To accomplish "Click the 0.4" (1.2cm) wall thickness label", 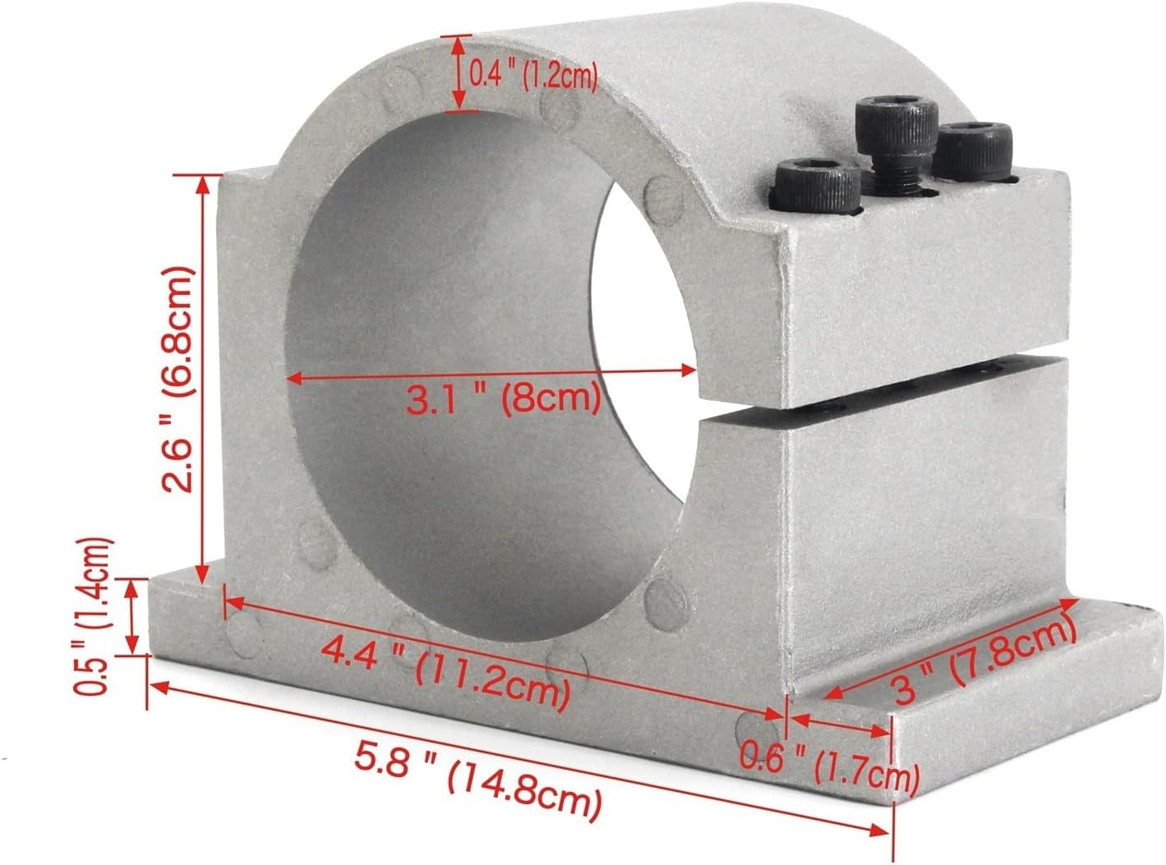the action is (533, 76).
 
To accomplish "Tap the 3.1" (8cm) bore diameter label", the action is (503, 399).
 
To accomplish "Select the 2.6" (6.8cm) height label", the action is (178, 380).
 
